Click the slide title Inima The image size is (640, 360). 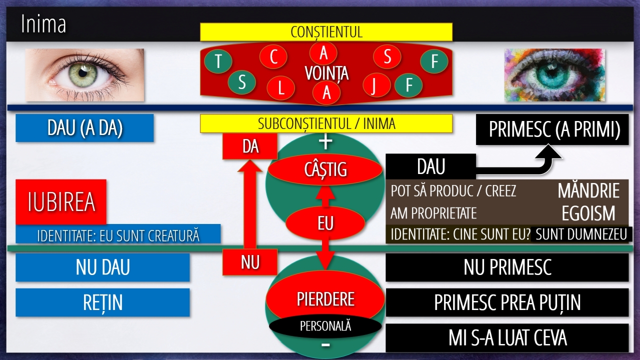(x=43, y=24)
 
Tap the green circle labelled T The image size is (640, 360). (x=218, y=61)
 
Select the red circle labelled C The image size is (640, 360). (x=273, y=56)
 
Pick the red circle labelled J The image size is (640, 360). (x=376, y=85)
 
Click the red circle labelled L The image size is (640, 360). (x=280, y=88)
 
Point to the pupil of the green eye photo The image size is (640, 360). (x=82, y=73)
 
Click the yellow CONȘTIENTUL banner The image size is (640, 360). (x=326, y=32)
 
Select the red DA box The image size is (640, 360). (x=249, y=146)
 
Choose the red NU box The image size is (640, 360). (x=249, y=262)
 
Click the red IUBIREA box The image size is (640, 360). (x=61, y=201)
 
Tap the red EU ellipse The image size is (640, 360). (x=325, y=223)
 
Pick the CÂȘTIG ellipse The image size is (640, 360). (x=325, y=169)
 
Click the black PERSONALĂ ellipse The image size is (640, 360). (x=325, y=326)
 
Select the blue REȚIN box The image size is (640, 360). (x=102, y=302)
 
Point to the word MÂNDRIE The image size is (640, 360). (x=588, y=190)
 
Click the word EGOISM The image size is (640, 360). (x=588, y=213)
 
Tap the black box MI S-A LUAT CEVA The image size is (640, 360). (x=507, y=337)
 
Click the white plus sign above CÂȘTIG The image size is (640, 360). (x=325, y=142)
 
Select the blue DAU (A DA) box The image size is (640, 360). (x=84, y=128)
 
